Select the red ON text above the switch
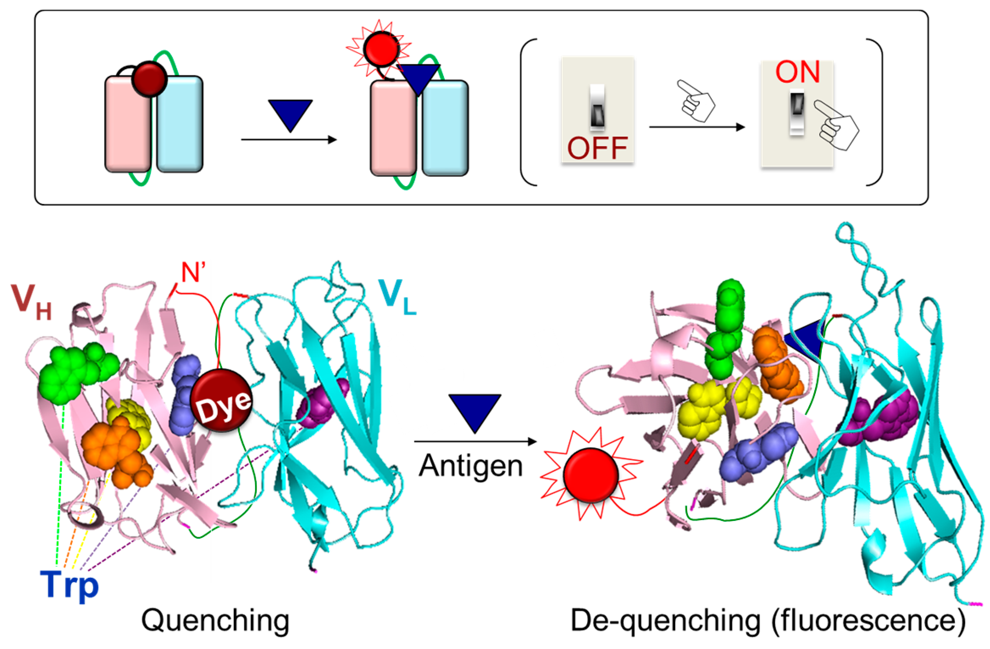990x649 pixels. (x=798, y=72)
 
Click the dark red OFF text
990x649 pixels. (x=597, y=148)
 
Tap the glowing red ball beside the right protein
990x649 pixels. (x=591, y=475)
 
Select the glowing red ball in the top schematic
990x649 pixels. (x=381, y=49)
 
